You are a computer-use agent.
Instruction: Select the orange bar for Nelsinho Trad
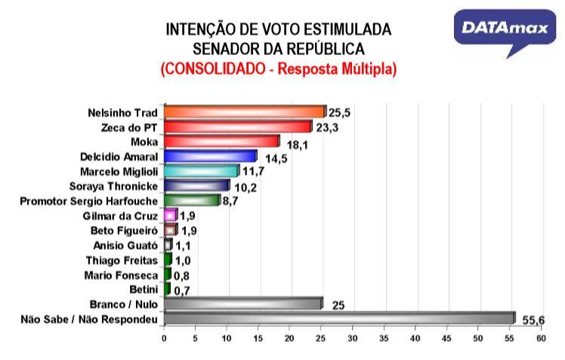[244, 112]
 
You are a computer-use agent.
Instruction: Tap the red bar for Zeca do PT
[237, 127]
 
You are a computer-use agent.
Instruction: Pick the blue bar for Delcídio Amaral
[210, 156]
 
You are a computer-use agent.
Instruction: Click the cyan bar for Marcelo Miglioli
[200, 171]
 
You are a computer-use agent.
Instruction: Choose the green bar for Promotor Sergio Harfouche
[190, 200]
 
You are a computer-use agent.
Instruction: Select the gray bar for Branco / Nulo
[242, 303]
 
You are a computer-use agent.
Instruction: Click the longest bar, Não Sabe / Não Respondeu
[338, 318]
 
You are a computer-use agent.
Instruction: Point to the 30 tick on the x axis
[353, 339]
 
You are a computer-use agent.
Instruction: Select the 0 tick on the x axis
[164, 339]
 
